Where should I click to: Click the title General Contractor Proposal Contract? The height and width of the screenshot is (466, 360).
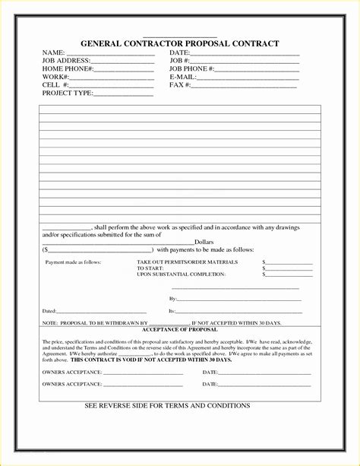click(x=179, y=44)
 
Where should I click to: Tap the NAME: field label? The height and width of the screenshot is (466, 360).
click(x=53, y=52)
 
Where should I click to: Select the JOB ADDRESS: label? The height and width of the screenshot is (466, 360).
click(x=66, y=61)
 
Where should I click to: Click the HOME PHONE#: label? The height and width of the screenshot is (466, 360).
click(x=68, y=69)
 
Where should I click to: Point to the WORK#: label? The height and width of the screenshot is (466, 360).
click(x=55, y=78)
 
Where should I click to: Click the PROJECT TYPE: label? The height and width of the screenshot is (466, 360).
click(x=67, y=94)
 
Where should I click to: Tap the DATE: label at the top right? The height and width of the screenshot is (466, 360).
click(x=180, y=52)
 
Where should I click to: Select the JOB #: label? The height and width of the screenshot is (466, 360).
click(x=180, y=61)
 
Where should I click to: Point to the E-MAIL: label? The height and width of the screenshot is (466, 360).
click(x=183, y=78)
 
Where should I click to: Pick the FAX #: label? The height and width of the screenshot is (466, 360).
click(x=180, y=85)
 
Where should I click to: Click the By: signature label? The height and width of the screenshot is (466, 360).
click(x=172, y=300)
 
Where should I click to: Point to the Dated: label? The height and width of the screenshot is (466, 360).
click(x=49, y=312)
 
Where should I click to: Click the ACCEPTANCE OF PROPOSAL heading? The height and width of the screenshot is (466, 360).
click(x=180, y=330)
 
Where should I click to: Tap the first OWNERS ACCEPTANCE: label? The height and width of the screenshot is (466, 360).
click(x=71, y=372)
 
